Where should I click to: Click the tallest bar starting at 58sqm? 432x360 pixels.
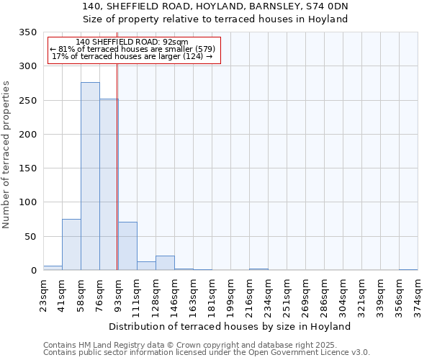click(x=90, y=176)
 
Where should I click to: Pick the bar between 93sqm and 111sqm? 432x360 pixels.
click(x=127, y=246)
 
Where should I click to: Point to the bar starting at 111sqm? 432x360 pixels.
click(x=146, y=266)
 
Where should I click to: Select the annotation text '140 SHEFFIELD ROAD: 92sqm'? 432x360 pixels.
click(x=132, y=42)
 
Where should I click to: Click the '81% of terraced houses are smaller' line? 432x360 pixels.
click(x=132, y=49)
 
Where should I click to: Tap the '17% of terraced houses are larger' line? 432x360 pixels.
click(x=132, y=56)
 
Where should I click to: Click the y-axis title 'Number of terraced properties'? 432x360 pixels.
click(x=6, y=154)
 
